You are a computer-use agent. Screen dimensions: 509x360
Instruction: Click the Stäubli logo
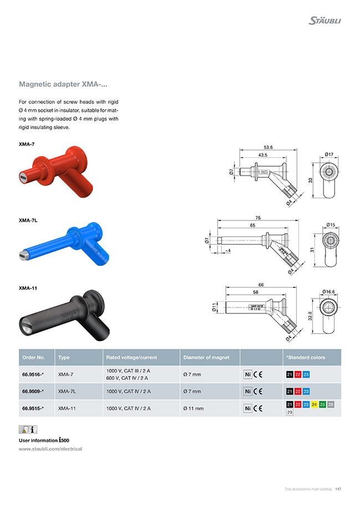(325, 20)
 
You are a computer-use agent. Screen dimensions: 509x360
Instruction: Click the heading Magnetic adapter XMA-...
(63, 85)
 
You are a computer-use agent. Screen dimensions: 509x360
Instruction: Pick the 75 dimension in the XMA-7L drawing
(258, 218)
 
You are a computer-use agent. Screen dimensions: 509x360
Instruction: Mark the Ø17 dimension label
(328, 154)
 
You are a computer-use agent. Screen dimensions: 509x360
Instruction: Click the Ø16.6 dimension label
(330, 291)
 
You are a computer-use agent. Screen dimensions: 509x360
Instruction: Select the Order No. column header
(34, 357)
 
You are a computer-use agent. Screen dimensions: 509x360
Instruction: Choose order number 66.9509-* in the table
(33, 392)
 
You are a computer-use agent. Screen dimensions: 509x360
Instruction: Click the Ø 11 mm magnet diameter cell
(193, 409)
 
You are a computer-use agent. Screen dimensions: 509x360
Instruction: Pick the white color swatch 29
(290, 413)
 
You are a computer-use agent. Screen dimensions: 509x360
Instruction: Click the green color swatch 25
(322, 405)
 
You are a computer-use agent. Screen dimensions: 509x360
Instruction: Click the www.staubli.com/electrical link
(50, 449)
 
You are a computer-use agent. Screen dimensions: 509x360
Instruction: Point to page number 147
(338, 489)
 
